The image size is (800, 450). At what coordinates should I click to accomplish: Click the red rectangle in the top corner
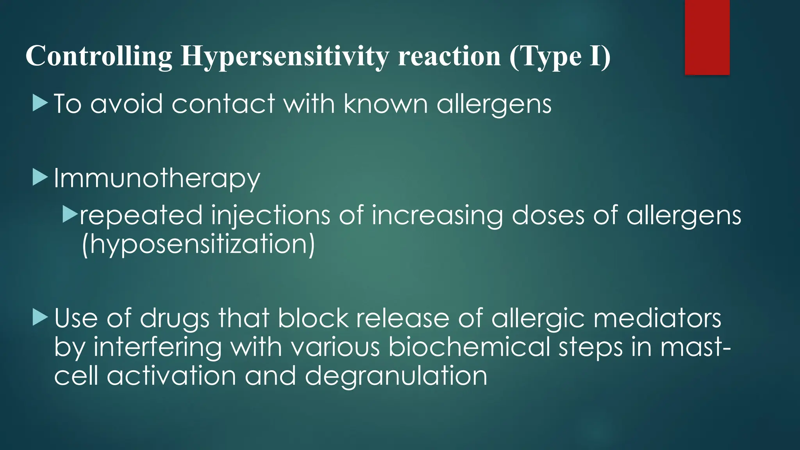tap(707, 37)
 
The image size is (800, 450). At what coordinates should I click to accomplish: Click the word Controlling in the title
tap(99, 56)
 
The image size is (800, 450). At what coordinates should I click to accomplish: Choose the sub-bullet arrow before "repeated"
tap(70, 215)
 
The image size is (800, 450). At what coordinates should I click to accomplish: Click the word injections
tap(270, 216)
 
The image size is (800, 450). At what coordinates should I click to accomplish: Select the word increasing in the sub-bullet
tap(437, 216)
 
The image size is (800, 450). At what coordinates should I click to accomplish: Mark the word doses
tap(548, 215)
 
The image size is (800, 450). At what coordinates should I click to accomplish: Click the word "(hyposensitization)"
tap(198, 245)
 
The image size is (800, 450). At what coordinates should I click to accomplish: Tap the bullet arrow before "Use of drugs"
tap(40, 317)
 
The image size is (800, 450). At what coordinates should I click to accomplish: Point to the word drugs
tap(175, 319)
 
